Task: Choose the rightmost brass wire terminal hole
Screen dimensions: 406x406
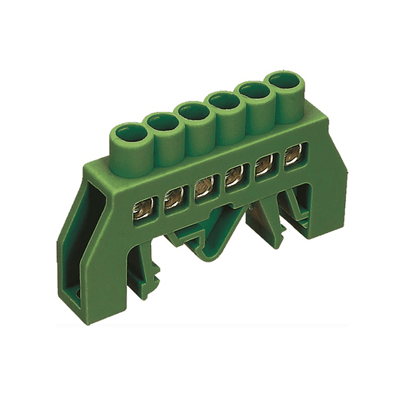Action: coord(291,156)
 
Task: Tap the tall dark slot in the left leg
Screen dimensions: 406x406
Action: coord(98,226)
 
